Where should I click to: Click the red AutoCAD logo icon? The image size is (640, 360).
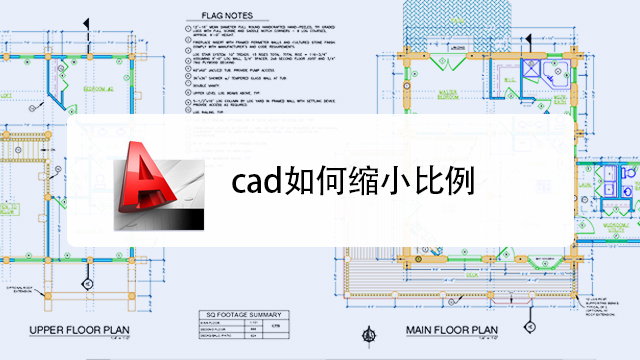151,186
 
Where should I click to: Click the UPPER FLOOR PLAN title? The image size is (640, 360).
87,330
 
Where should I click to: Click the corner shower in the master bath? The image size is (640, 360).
543,67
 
